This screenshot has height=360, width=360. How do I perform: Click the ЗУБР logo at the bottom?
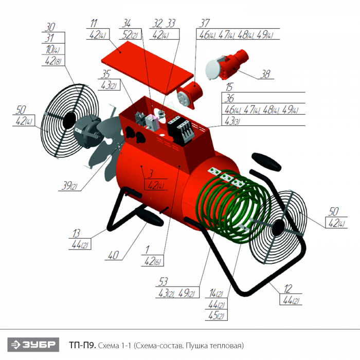33,345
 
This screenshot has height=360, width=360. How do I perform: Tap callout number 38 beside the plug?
265,74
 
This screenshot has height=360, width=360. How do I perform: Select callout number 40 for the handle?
114,255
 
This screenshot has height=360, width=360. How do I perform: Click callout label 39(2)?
69,185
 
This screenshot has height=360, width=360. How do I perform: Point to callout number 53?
163,282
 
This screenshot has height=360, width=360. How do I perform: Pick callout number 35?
106,74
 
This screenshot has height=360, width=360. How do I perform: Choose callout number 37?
204,23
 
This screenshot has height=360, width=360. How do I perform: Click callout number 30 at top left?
50,27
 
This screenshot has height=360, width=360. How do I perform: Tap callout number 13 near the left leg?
76,233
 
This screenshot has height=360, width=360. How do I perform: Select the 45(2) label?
216,315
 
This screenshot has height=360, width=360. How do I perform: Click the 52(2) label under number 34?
130,34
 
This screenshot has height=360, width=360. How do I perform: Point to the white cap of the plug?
213,69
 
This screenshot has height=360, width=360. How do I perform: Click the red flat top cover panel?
147,67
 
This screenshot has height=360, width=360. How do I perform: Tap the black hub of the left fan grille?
68,120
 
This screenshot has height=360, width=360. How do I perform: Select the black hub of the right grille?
278,228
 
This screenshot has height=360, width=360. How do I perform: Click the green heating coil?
233,206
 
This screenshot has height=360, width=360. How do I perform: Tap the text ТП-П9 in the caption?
82,345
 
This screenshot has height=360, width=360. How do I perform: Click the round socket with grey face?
190,95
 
